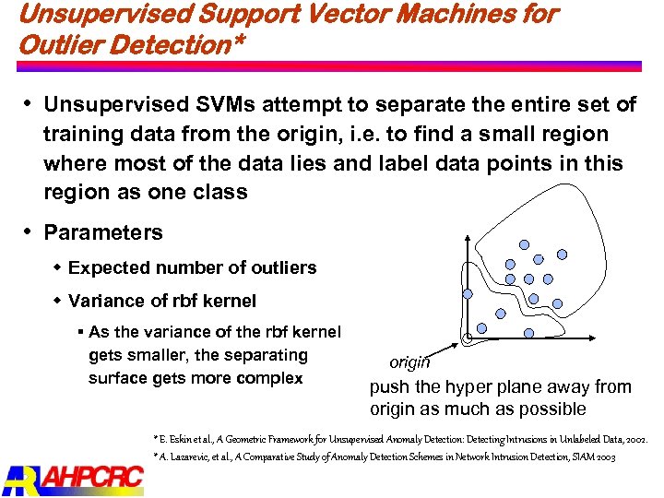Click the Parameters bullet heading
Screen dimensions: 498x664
(x=102, y=232)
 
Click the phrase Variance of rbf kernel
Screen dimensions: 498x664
(x=162, y=301)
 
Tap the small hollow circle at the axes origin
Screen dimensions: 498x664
(x=468, y=338)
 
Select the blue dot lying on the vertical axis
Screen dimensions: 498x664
(x=468, y=293)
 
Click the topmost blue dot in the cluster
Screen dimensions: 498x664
(x=524, y=244)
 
